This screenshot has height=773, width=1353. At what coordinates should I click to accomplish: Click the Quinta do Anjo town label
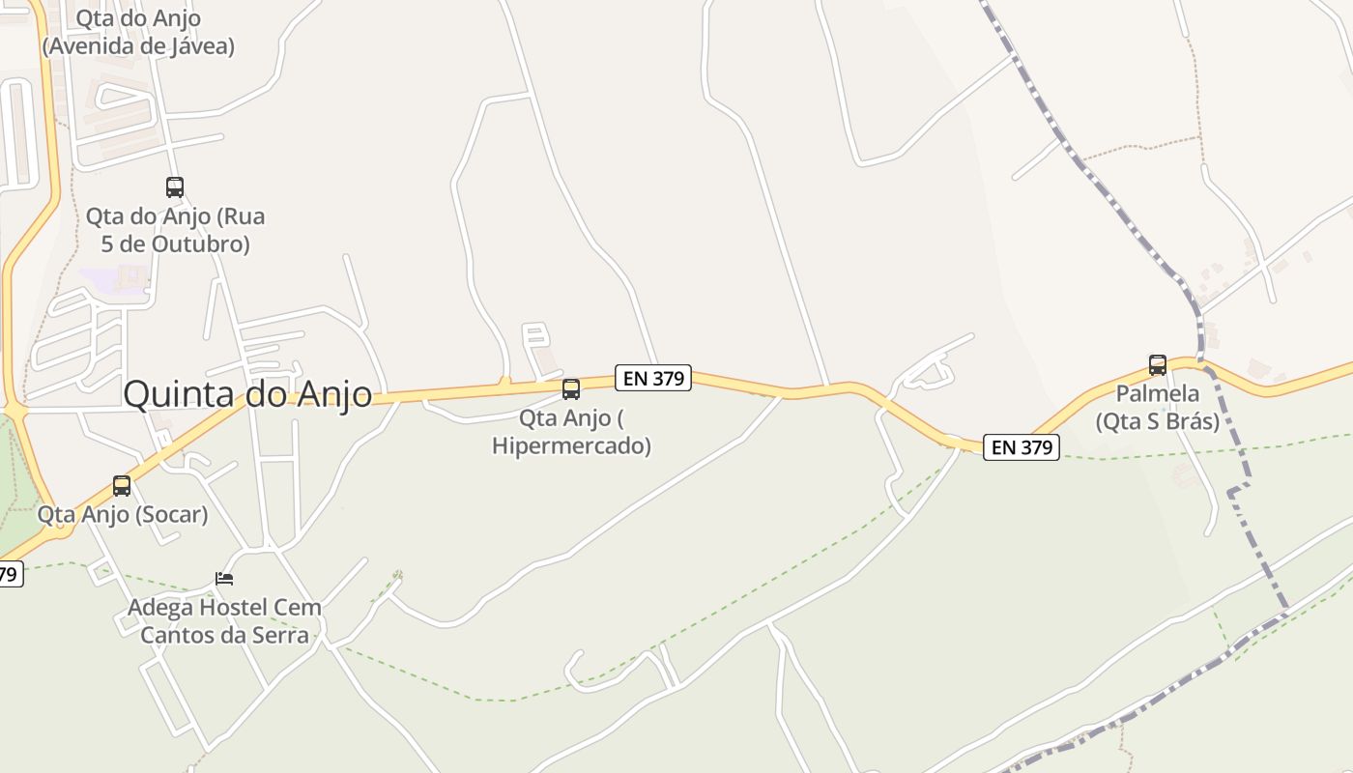pos(247,394)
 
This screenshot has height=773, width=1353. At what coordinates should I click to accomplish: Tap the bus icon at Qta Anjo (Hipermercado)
pos(571,389)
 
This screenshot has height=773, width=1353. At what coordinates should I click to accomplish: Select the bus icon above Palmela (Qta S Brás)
pos(1157,365)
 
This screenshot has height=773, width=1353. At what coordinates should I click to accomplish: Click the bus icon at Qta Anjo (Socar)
pos(122,486)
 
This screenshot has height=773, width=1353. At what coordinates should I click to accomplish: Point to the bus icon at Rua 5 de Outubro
pos(175,187)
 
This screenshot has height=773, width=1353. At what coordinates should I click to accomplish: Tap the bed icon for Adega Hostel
pos(224,579)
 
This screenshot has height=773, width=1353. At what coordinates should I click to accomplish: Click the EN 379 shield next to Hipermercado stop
pos(653,378)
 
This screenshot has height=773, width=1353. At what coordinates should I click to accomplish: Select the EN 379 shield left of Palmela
pos(1022,447)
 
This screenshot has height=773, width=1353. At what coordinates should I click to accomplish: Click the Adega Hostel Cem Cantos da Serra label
pos(224,621)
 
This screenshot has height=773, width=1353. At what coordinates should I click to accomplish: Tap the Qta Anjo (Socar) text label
pos(123,514)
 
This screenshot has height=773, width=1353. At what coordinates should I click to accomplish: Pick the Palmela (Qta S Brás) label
pos(1157,408)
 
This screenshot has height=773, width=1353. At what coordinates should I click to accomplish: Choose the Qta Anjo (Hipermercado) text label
pos(571,432)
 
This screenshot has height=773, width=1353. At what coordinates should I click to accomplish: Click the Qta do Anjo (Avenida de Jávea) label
pos(138,32)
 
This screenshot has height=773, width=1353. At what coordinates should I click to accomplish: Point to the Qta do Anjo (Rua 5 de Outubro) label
pos(175,230)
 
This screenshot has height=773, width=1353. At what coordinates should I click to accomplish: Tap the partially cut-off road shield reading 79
pos(8,574)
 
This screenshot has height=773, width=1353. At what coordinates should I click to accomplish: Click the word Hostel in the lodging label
pos(231,609)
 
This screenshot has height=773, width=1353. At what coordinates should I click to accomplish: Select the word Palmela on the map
pos(1157,394)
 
